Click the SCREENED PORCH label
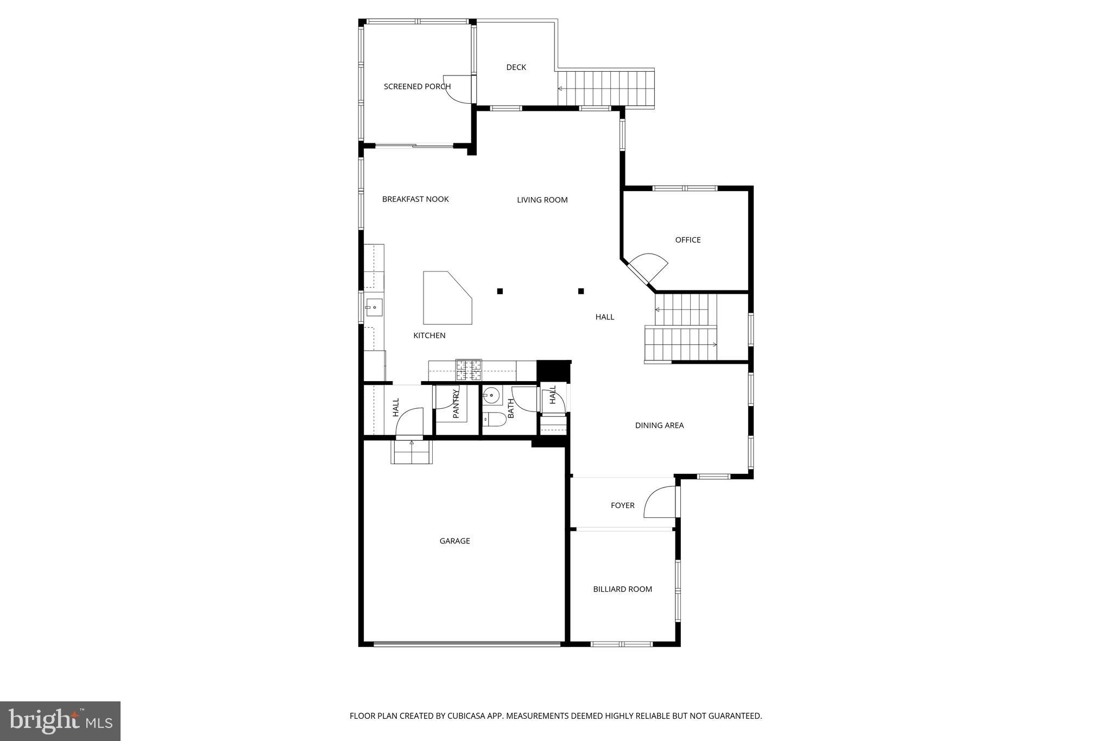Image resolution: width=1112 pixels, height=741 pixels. (x=417, y=86)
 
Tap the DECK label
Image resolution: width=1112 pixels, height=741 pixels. (x=516, y=67)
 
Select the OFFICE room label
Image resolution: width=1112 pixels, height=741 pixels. (x=687, y=240)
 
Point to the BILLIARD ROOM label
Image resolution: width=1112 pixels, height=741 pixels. (x=622, y=589)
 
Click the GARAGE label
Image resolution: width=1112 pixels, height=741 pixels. (x=454, y=541)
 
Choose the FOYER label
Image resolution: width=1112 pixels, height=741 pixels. (x=622, y=505)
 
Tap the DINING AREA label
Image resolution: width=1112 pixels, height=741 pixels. (x=659, y=426)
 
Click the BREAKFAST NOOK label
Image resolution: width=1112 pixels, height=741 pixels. (x=415, y=199)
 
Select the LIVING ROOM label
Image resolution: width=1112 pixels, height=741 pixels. (x=542, y=200)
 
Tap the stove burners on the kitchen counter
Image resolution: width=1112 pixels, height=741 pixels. (x=469, y=370)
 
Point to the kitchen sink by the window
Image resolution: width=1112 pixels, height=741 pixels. (x=374, y=307)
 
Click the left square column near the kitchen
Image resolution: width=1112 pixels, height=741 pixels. (x=500, y=291)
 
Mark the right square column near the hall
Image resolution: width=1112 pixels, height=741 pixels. (x=581, y=291)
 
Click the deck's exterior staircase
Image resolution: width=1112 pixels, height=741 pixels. (x=605, y=88)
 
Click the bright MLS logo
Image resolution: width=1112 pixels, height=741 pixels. (x=60, y=721)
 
